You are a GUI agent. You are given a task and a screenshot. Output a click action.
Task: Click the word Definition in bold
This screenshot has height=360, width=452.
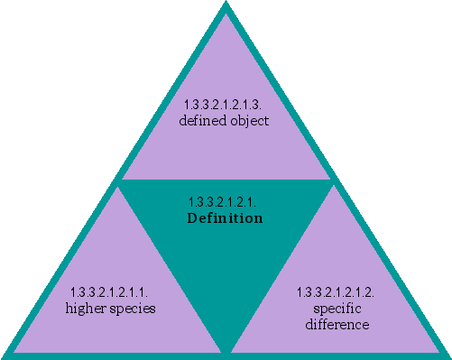click(x=225, y=218)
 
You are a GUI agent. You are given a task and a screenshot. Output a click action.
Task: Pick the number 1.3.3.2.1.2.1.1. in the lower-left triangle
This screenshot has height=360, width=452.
click(x=112, y=292)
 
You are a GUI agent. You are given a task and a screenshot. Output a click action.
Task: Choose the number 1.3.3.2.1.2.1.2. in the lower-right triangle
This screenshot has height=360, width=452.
click(x=336, y=292)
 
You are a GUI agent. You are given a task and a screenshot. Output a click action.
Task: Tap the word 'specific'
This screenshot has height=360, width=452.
click(x=336, y=309)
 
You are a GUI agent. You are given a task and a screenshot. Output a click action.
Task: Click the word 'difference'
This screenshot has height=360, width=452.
click(x=335, y=323)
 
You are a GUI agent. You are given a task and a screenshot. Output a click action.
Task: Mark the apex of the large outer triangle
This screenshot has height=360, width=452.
click(x=226, y=4)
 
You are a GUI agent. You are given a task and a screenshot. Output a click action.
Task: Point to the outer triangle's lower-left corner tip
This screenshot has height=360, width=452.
click(x=4, y=356)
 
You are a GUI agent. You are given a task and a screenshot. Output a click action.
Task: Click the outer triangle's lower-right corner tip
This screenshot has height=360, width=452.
click(x=448, y=356)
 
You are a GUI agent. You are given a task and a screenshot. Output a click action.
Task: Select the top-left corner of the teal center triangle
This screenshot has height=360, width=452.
click(x=119, y=181)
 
